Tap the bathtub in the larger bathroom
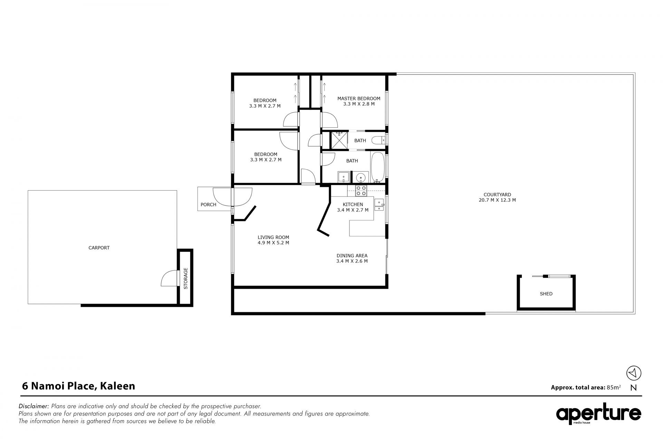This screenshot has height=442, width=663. tap(377, 167)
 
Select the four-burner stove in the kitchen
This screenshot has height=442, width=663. tap(361, 190)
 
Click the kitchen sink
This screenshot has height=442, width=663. tap(379, 205)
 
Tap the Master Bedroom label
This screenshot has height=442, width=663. tap(359, 98)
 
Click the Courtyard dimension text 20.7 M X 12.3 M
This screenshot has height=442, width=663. tap(497, 200)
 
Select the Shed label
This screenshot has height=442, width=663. tap(546, 294)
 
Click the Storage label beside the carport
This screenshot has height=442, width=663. tap(185, 278)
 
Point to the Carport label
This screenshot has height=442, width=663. tap(99, 248)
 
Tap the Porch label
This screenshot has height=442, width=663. tap(208, 204)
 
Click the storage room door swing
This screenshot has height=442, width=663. tap(167, 278)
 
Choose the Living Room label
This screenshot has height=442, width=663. tap(273, 237)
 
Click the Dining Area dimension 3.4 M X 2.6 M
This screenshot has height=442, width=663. tap(352, 261)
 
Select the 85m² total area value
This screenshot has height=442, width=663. tap(614, 387)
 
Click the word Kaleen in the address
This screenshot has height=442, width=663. tap(117, 386)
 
